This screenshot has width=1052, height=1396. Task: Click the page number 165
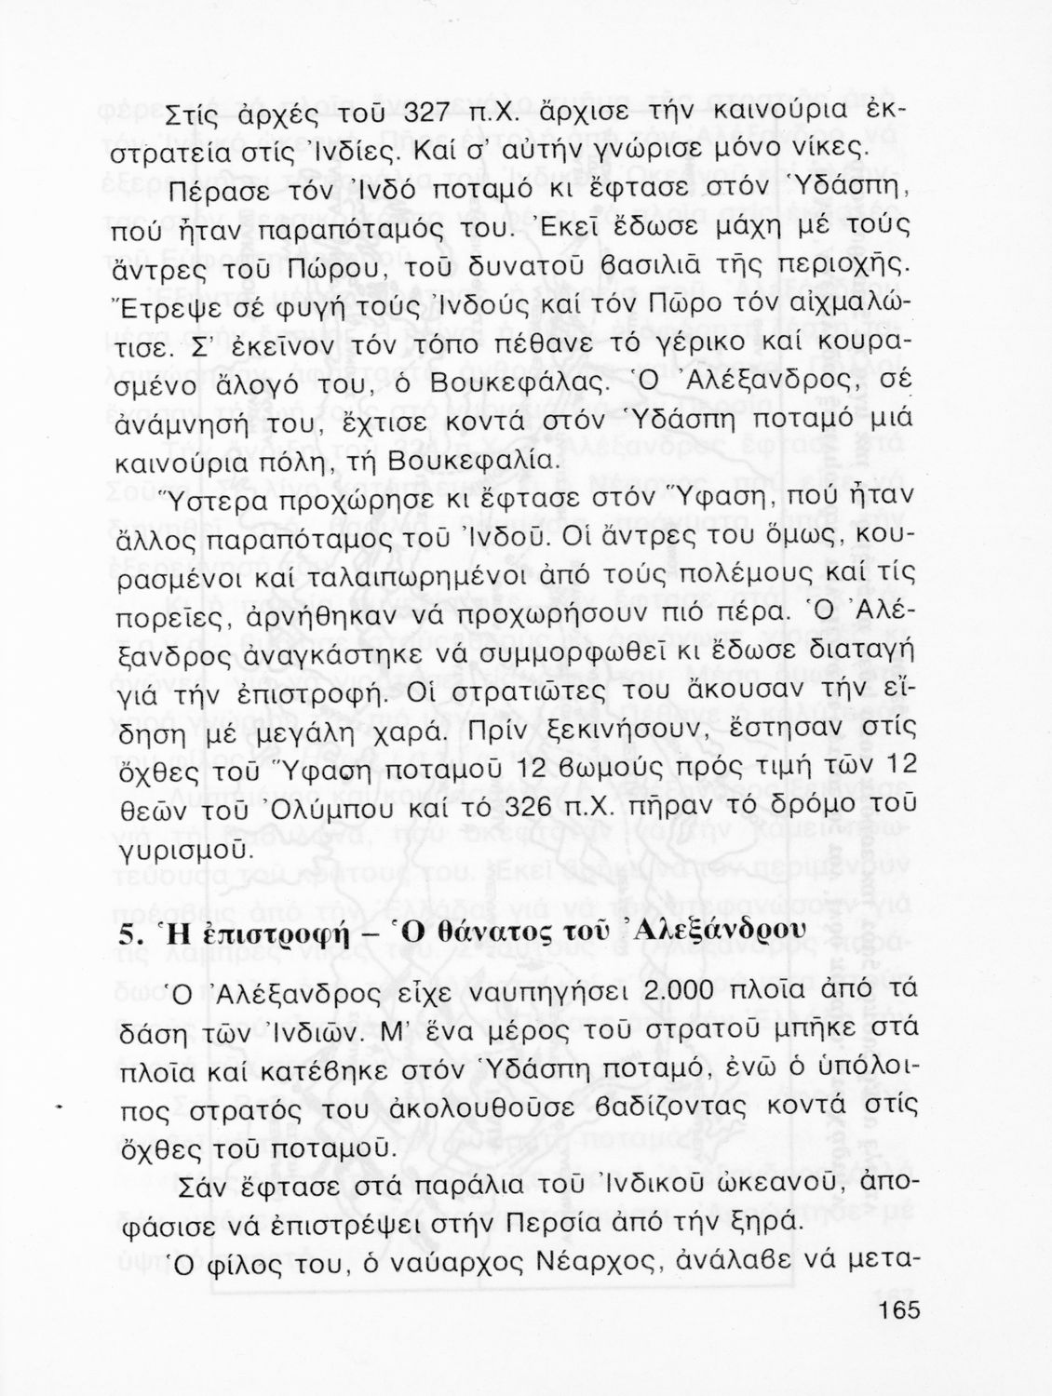point(897,1310)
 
